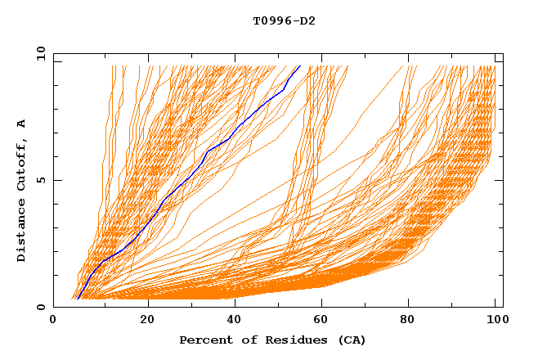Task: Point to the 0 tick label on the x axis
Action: [x=53, y=320]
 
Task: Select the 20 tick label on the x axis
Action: [x=147, y=320]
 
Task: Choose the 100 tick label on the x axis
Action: [x=494, y=320]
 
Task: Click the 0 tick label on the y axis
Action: [x=41, y=308]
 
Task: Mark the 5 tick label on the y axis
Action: [x=41, y=180]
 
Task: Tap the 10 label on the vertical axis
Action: [x=38, y=53]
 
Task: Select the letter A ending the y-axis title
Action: [x=22, y=124]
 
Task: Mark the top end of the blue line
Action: [x=300, y=65]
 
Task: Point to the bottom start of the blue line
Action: [x=78, y=299]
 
